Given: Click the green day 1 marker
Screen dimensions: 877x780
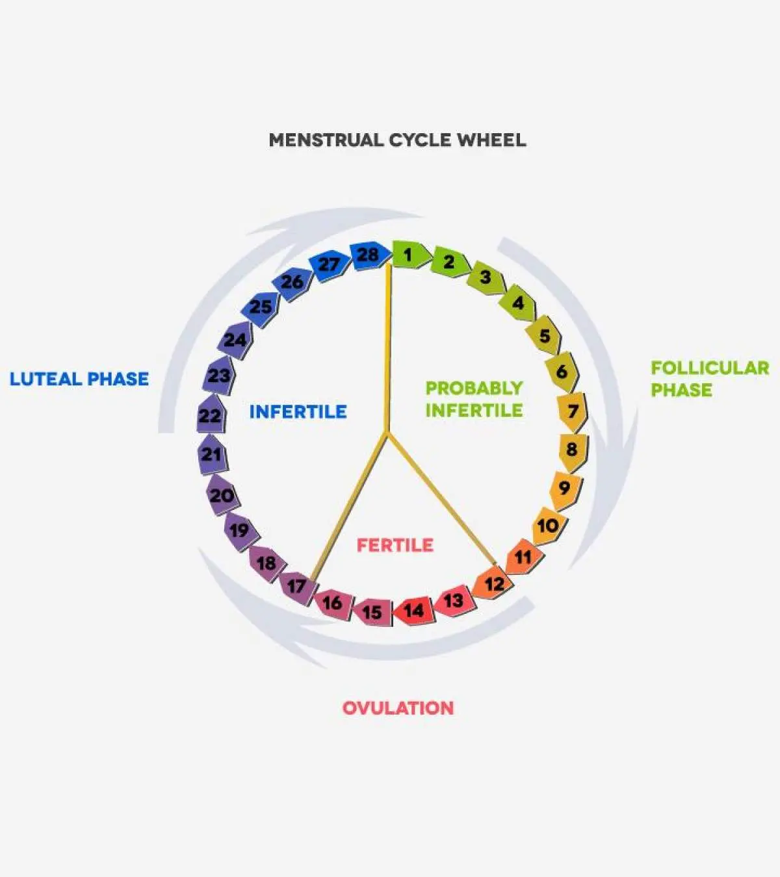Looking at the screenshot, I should pos(409,255).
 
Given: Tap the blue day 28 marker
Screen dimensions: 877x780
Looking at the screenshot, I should pos(368,255).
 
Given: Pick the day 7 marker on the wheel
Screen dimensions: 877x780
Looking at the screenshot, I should pos(572,411).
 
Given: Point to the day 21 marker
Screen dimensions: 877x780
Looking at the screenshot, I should pos(211,454).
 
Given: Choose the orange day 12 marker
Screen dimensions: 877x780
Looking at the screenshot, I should pos(494,583).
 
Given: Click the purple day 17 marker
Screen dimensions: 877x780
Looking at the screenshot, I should pos(297,587).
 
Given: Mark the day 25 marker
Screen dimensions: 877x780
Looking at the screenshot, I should pos(261,306).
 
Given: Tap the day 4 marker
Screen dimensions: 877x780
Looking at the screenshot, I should pos(518,303).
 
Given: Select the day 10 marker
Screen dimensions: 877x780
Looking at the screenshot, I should pos(548,525).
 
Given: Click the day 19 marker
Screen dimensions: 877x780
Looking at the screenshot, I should pos(239,530).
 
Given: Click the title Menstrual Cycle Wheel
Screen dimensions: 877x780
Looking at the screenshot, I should pos(397,140).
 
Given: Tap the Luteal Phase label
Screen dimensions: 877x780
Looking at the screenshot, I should pos(79,379).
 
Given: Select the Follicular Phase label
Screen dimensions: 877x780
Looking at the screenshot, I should pos(710,379).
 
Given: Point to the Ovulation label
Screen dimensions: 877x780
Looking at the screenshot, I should pos(398,707).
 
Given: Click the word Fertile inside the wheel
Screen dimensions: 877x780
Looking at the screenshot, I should pos(395,544).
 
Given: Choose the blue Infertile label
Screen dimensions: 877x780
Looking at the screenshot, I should pos(298,411).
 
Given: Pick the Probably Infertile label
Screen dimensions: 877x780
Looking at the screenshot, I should pos(474,399).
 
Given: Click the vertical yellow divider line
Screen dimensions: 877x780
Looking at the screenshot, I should pos(389,344).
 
